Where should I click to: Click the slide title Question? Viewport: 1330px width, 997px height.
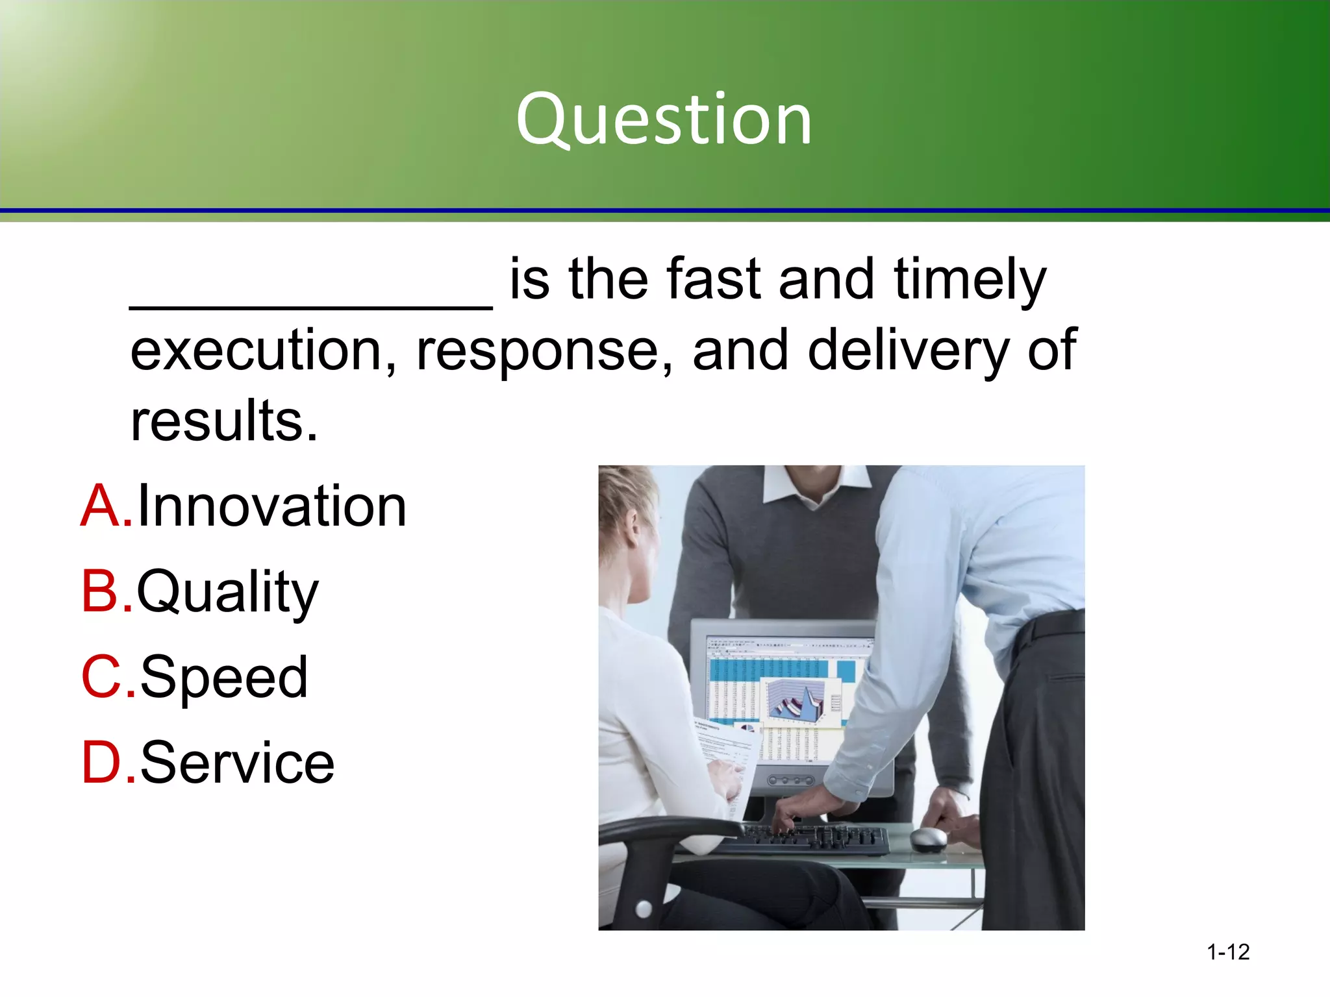coord(664,120)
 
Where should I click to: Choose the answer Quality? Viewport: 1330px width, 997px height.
coord(227,591)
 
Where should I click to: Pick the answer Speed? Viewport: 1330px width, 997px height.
coord(223,677)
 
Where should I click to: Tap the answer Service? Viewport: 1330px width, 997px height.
coord(237,763)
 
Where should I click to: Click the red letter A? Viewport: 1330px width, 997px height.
coord(104,506)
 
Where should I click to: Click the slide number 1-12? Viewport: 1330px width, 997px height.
coord(1227,952)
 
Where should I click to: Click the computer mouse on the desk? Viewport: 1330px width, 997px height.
coord(928,839)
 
